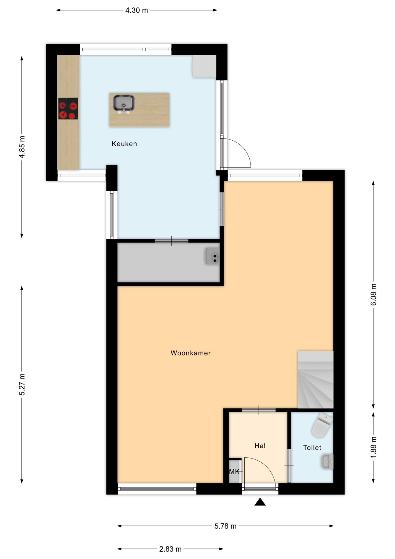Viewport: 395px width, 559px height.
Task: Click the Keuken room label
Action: click(x=124, y=144)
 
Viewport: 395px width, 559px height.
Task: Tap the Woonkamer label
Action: click(x=191, y=353)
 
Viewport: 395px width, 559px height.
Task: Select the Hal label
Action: click(x=260, y=445)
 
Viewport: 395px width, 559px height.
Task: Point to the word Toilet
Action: click(x=312, y=447)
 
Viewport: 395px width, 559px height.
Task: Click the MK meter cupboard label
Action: click(x=234, y=471)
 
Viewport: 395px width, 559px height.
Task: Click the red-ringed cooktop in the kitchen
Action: click(x=68, y=109)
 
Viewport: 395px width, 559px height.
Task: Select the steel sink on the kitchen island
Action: click(x=124, y=103)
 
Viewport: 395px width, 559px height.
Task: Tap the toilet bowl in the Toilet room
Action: click(x=322, y=424)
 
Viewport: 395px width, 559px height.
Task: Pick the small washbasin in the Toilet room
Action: click(x=327, y=461)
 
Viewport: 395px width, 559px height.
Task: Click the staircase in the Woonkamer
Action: click(x=315, y=380)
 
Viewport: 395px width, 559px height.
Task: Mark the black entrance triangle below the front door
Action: click(x=260, y=502)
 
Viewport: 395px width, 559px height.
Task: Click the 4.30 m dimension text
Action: click(x=136, y=10)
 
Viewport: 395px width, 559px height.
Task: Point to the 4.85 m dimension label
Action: click(x=22, y=147)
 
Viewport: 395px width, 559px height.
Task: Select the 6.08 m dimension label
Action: click(x=373, y=294)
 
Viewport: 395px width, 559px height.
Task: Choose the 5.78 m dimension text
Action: click(x=225, y=526)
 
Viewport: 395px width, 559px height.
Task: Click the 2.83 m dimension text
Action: click(x=170, y=549)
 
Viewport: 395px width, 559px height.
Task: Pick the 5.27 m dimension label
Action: click(x=22, y=384)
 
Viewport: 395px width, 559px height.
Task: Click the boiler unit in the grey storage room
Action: click(x=212, y=256)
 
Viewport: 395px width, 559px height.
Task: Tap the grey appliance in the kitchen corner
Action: click(x=204, y=66)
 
